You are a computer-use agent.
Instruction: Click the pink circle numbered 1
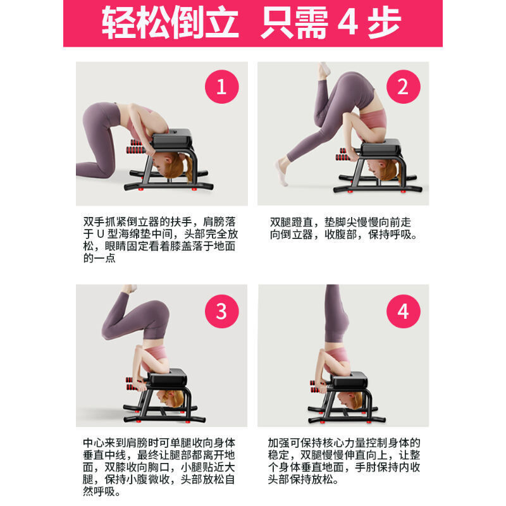tap(221, 87)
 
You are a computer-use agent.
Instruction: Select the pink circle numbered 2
tap(403, 87)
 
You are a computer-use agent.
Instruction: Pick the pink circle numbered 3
tap(221, 311)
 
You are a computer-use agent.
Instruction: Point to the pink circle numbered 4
tap(403, 311)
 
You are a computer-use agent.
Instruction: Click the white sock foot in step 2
tap(281, 172)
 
